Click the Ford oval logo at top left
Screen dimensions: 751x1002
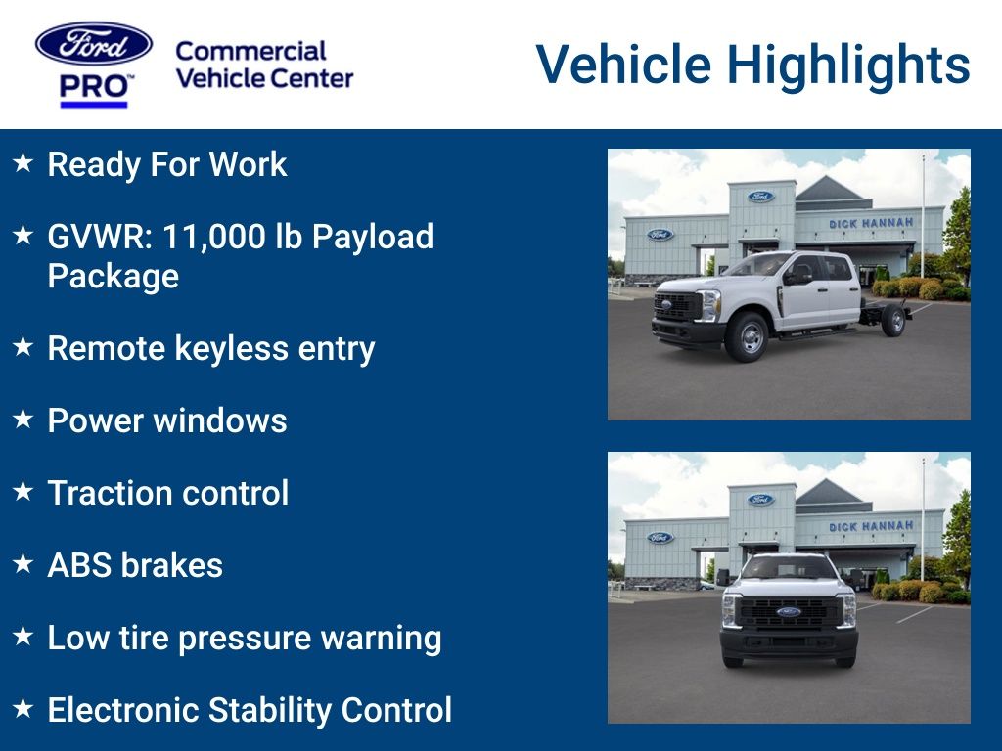pos(94,44)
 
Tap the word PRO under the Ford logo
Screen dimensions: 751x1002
pos(94,88)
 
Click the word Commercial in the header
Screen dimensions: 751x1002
pos(250,51)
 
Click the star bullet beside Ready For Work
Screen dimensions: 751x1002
pos(23,163)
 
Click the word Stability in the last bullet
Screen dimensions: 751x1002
pos(264,710)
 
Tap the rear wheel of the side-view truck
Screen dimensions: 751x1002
pos(892,320)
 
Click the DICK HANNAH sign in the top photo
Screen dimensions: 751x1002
pos(871,223)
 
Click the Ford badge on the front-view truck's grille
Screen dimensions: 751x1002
pos(789,612)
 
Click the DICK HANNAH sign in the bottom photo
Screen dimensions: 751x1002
pos(871,526)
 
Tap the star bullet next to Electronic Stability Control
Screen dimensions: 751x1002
pos(23,709)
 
